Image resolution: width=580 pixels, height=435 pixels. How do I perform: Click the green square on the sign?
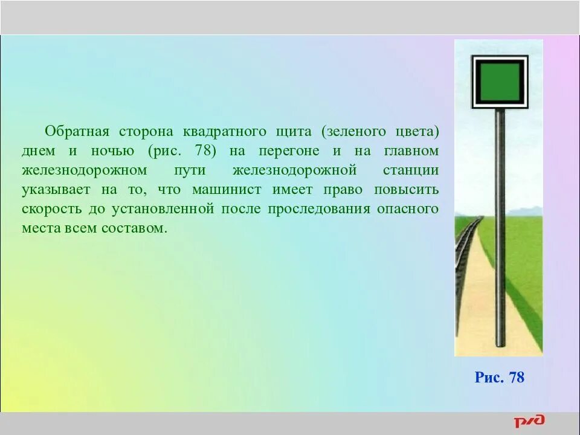pyautogui.click(x=499, y=82)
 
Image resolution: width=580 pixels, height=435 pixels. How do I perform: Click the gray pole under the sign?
pyautogui.click(x=500, y=230)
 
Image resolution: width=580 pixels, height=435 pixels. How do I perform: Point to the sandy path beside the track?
pyautogui.click(x=477, y=302)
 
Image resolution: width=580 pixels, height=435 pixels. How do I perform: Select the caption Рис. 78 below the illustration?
pyautogui.click(x=499, y=378)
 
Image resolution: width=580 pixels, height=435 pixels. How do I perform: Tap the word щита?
pyautogui.click(x=292, y=132)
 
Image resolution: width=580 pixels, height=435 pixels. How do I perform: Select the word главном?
pyautogui.click(x=411, y=151)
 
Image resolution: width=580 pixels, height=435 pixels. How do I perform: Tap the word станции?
pyautogui.click(x=411, y=170)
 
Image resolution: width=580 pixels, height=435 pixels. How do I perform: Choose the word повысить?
pyautogui.click(x=407, y=190)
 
